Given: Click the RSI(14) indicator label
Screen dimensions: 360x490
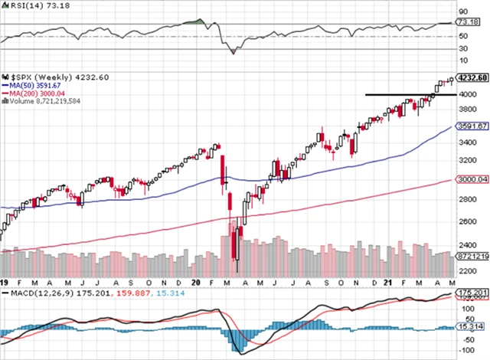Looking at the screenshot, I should pos(29,6).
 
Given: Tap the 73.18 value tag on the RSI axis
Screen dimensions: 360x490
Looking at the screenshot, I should pos(468,24).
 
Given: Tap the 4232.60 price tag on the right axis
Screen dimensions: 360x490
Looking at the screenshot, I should pos(472,77).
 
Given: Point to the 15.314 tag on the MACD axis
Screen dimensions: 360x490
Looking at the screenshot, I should pos(469,326).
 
